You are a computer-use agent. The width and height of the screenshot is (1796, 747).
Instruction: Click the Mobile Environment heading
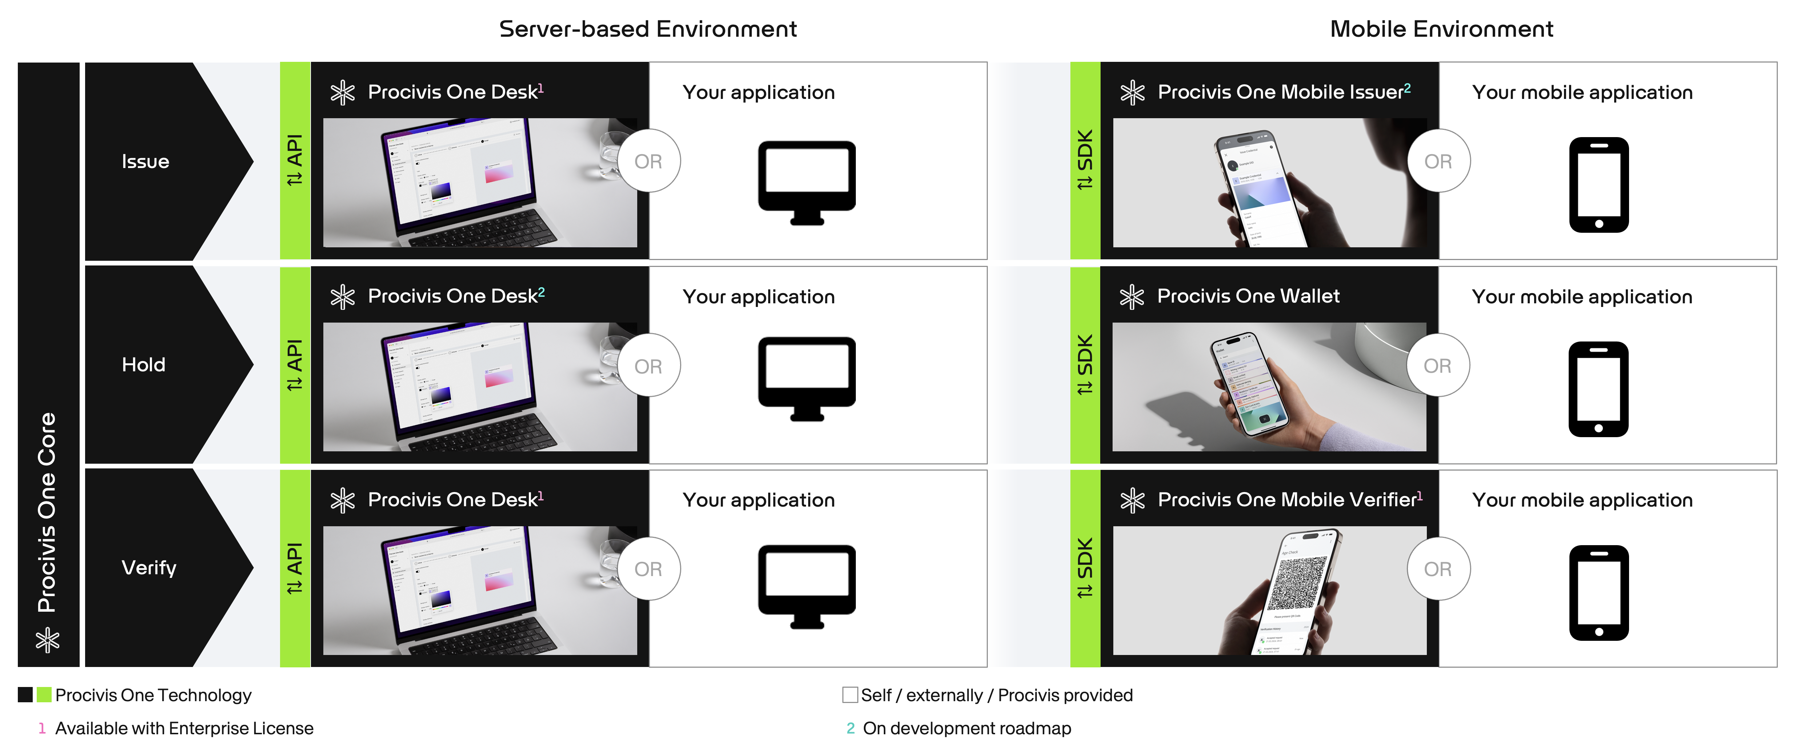1441,29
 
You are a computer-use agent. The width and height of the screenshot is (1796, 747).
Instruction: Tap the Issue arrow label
145,162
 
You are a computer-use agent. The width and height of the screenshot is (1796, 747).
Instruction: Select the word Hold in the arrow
144,365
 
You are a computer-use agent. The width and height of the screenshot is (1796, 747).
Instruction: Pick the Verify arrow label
148,568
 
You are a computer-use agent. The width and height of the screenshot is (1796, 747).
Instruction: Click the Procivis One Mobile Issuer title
1280,92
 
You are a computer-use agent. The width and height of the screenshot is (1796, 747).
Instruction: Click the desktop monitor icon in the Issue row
807,183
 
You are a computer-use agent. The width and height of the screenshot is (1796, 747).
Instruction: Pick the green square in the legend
44,695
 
